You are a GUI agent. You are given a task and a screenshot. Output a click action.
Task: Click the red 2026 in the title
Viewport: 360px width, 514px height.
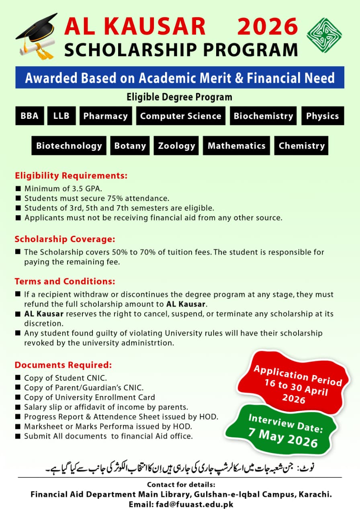coord(268,27)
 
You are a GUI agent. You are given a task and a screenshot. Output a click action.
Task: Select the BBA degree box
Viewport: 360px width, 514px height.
coord(30,116)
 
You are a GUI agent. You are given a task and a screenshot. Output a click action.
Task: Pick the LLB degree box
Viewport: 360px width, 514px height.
coord(61,116)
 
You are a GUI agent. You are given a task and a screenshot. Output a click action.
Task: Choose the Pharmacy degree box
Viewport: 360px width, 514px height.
coord(106,116)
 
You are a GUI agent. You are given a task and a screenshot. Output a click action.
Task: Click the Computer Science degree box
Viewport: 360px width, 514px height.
coord(181,116)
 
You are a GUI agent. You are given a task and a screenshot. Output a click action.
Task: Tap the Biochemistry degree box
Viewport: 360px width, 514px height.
coord(263,116)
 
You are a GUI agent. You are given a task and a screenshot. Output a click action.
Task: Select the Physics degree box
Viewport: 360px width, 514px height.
coord(323,116)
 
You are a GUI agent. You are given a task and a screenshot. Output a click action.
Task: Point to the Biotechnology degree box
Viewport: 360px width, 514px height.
coord(69,146)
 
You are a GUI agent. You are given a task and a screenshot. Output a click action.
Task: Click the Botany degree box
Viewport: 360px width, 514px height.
coord(130,146)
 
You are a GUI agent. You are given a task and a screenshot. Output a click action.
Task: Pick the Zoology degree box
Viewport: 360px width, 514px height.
coord(176,146)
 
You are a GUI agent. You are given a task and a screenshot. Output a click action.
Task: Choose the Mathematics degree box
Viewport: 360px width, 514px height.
coord(237,146)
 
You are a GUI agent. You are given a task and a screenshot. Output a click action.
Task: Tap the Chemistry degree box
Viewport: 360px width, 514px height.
coord(301,146)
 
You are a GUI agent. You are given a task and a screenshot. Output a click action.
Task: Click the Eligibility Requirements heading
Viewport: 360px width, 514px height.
coord(71,175)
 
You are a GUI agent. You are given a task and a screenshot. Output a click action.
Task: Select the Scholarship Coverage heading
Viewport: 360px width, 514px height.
coord(65,239)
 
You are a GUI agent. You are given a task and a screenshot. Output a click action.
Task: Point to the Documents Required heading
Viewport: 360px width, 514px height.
coord(63,365)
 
